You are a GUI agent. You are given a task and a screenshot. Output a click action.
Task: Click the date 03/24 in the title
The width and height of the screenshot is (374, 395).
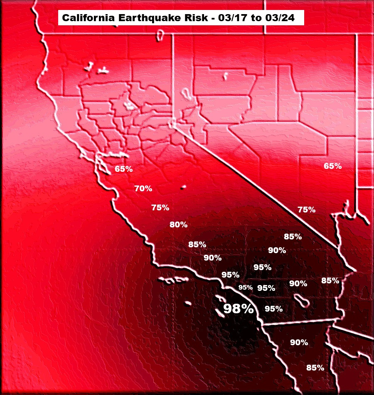[x=279, y=18]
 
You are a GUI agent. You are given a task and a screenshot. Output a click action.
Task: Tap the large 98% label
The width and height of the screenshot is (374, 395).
[x=239, y=309]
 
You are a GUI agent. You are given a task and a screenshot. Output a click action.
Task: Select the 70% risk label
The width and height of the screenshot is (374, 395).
[x=143, y=188]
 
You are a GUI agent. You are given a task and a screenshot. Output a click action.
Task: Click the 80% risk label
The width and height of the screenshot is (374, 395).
[x=179, y=225]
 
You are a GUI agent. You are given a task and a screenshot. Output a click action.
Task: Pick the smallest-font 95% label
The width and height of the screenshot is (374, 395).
[x=246, y=287]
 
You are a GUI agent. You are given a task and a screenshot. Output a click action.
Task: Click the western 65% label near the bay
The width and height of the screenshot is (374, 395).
[x=124, y=169]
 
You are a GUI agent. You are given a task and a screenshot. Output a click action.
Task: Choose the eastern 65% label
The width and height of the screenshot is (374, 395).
[x=332, y=166]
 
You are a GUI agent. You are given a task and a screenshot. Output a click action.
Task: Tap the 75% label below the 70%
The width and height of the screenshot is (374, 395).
[x=160, y=207]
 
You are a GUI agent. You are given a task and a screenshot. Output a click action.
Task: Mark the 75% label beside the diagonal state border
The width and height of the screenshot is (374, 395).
[x=307, y=210]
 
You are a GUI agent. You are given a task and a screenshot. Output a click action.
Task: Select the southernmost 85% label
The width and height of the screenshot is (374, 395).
[x=315, y=368]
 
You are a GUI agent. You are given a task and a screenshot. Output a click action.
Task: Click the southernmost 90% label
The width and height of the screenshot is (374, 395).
[x=299, y=342]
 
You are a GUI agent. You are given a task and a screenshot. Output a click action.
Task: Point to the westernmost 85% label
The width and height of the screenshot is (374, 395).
[x=197, y=244]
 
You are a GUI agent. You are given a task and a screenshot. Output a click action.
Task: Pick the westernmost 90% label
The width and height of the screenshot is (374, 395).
[x=212, y=258]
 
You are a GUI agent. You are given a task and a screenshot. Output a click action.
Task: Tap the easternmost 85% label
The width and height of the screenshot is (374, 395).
[x=330, y=280]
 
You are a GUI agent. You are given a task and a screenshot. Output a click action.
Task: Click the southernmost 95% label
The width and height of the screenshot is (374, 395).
[x=273, y=309]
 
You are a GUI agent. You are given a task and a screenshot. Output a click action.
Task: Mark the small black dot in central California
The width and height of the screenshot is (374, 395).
[x=182, y=188]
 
